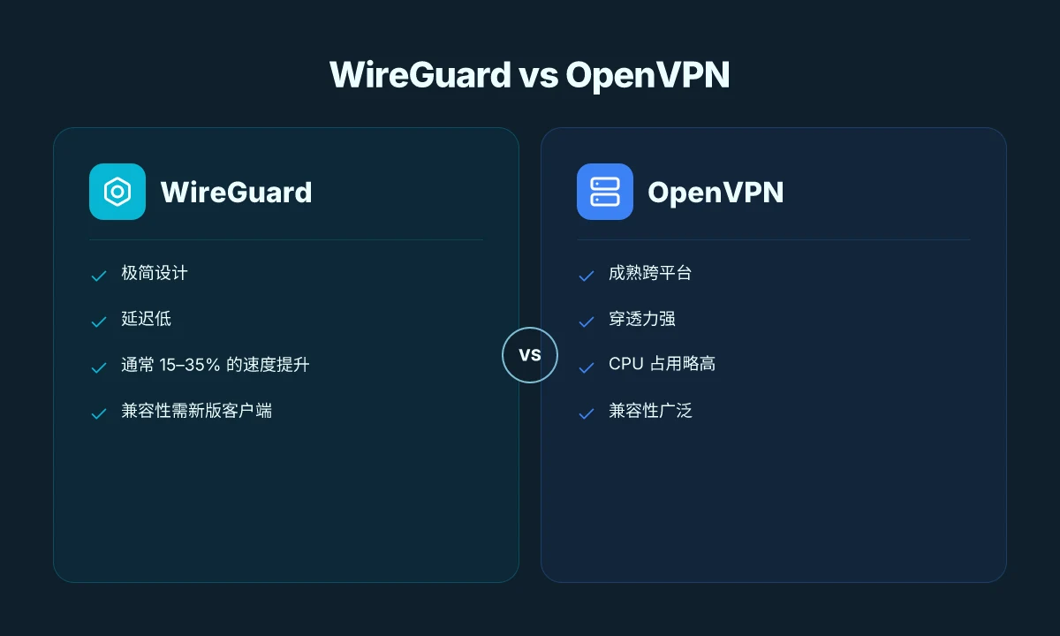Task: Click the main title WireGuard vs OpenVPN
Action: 529,75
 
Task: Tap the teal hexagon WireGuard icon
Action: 117,192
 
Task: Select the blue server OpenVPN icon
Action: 605,192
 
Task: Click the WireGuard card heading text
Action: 236,193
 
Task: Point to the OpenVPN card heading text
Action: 715,193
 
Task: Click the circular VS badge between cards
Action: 530,355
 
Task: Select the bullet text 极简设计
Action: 155,273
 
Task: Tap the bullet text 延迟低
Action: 147,319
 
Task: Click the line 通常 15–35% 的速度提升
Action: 216,364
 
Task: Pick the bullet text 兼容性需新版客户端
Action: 196,410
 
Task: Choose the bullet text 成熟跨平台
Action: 650,273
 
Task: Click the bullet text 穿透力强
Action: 642,319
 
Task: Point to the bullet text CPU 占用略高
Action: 662,364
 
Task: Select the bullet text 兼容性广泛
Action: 650,410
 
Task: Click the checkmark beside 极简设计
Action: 98,276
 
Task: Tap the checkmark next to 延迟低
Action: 98,322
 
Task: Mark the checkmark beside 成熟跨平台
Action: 587,276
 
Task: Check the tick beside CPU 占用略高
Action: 587,367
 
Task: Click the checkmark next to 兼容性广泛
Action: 587,413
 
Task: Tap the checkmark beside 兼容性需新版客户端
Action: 98,413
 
